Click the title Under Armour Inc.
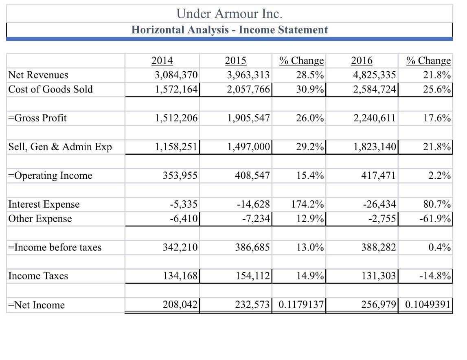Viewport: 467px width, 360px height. (x=229, y=14)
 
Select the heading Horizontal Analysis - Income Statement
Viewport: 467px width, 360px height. (x=229, y=30)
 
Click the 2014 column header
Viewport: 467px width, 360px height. (x=162, y=61)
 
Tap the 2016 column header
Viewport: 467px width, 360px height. (x=362, y=61)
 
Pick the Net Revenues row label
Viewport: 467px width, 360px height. (x=38, y=75)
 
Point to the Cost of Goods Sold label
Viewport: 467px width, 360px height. (x=50, y=89)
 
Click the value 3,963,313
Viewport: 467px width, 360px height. (x=248, y=75)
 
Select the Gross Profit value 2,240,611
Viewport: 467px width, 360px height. (x=374, y=118)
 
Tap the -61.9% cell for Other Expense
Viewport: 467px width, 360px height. (x=435, y=219)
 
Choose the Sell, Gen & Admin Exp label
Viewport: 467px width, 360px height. (x=60, y=147)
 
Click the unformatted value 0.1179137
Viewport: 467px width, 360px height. (x=301, y=305)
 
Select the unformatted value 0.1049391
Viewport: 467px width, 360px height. (x=428, y=305)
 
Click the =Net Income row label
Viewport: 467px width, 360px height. (x=36, y=305)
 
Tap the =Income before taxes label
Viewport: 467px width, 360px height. (x=55, y=247)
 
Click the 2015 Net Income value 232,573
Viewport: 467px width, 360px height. (x=252, y=305)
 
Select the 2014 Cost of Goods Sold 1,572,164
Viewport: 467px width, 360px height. (x=176, y=89)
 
